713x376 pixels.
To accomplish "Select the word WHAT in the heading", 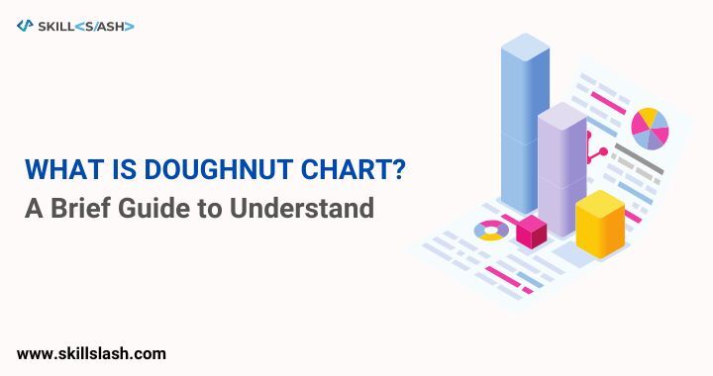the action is [x=63, y=169].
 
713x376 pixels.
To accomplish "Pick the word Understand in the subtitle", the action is [x=301, y=208].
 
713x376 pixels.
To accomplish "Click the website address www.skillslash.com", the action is [x=91, y=353].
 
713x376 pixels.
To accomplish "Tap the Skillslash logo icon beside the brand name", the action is [x=25, y=26].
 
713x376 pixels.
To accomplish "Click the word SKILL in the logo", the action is [x=55, y=27].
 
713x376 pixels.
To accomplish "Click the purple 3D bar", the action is [x=562, y=169].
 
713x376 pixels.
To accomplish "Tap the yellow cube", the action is [x=600, y=225].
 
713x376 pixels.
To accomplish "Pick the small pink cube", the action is [x=531, y=232].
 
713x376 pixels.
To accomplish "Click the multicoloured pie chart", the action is [x=650, y=128].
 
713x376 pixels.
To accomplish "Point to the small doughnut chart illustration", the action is [x=491, y=231].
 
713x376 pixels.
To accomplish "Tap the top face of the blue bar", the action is [x=525, y=47].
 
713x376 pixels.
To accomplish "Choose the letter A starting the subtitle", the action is [x=34, y=208].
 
